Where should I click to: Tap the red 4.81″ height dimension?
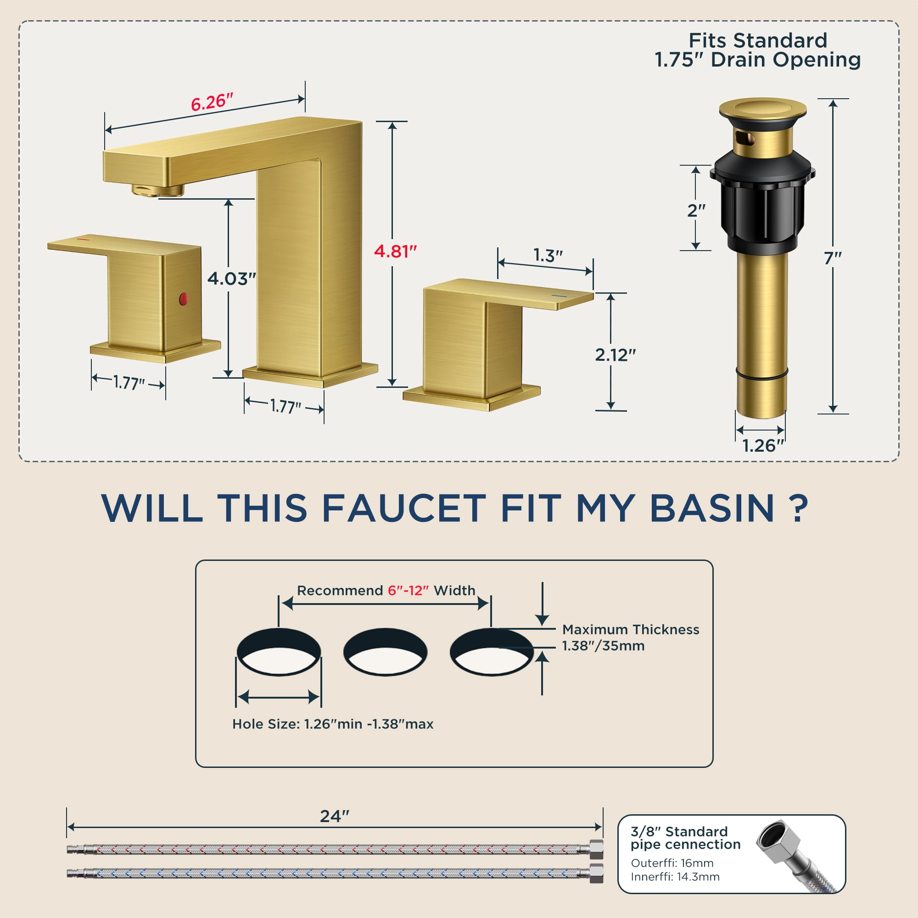[x=395, y=251]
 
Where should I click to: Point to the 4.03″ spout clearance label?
[x=231, y=279]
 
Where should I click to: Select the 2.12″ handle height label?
[x=616, y=354]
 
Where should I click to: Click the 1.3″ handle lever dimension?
[x=548, y=255]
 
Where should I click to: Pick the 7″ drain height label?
[x=833, y=258]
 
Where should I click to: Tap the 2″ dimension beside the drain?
[x=696, y=210]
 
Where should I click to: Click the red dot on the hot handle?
[x=184, y=299]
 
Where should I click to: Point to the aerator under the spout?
[x=158, y=190]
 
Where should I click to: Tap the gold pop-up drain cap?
[x=762, y=109]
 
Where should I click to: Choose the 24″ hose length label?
[x=335, y=816]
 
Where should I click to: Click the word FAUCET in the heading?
[x=404, y=509]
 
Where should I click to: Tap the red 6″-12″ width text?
[x=408, y=590]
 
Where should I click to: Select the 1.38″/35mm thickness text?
[x=603, y=646]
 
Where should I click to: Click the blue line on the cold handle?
[x=559, y=296]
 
